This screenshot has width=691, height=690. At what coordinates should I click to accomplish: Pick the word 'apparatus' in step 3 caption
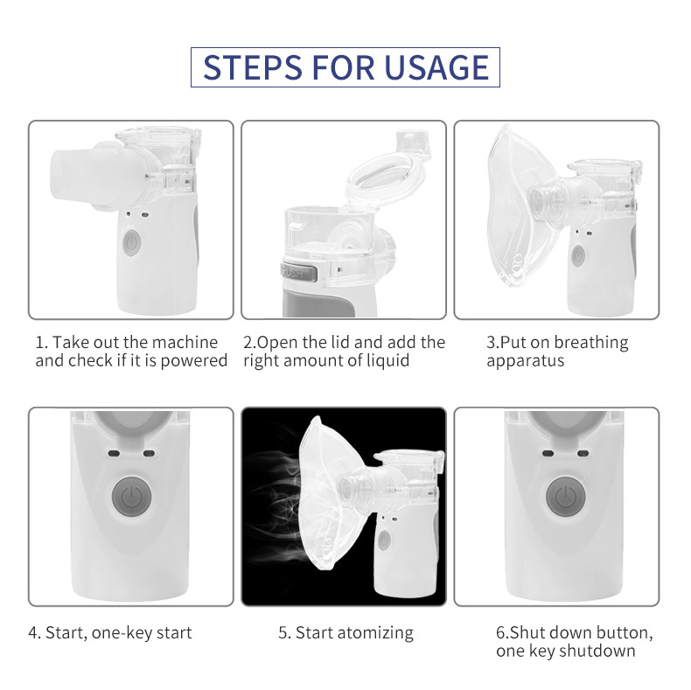tap(525, 360)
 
